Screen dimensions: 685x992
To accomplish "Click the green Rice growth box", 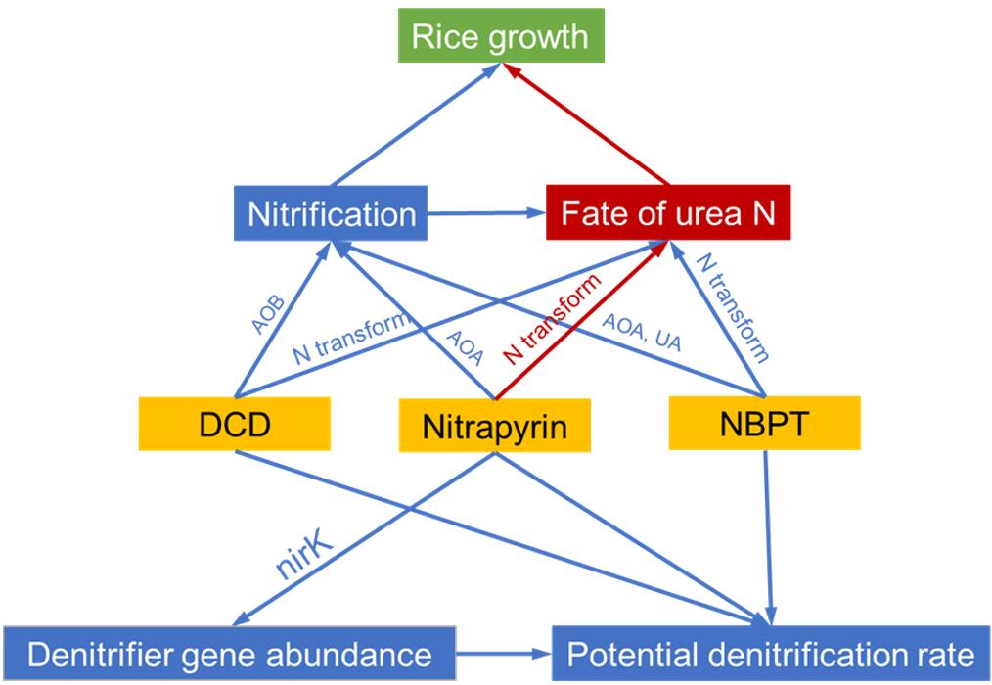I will tap(500, 37).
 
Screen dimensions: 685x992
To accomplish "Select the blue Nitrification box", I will tap(332, 214).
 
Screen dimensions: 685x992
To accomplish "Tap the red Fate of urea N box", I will tap(668, 214).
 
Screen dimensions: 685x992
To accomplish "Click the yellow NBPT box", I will tap(764, 423).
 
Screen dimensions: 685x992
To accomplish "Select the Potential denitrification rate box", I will tap(771, 654).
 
